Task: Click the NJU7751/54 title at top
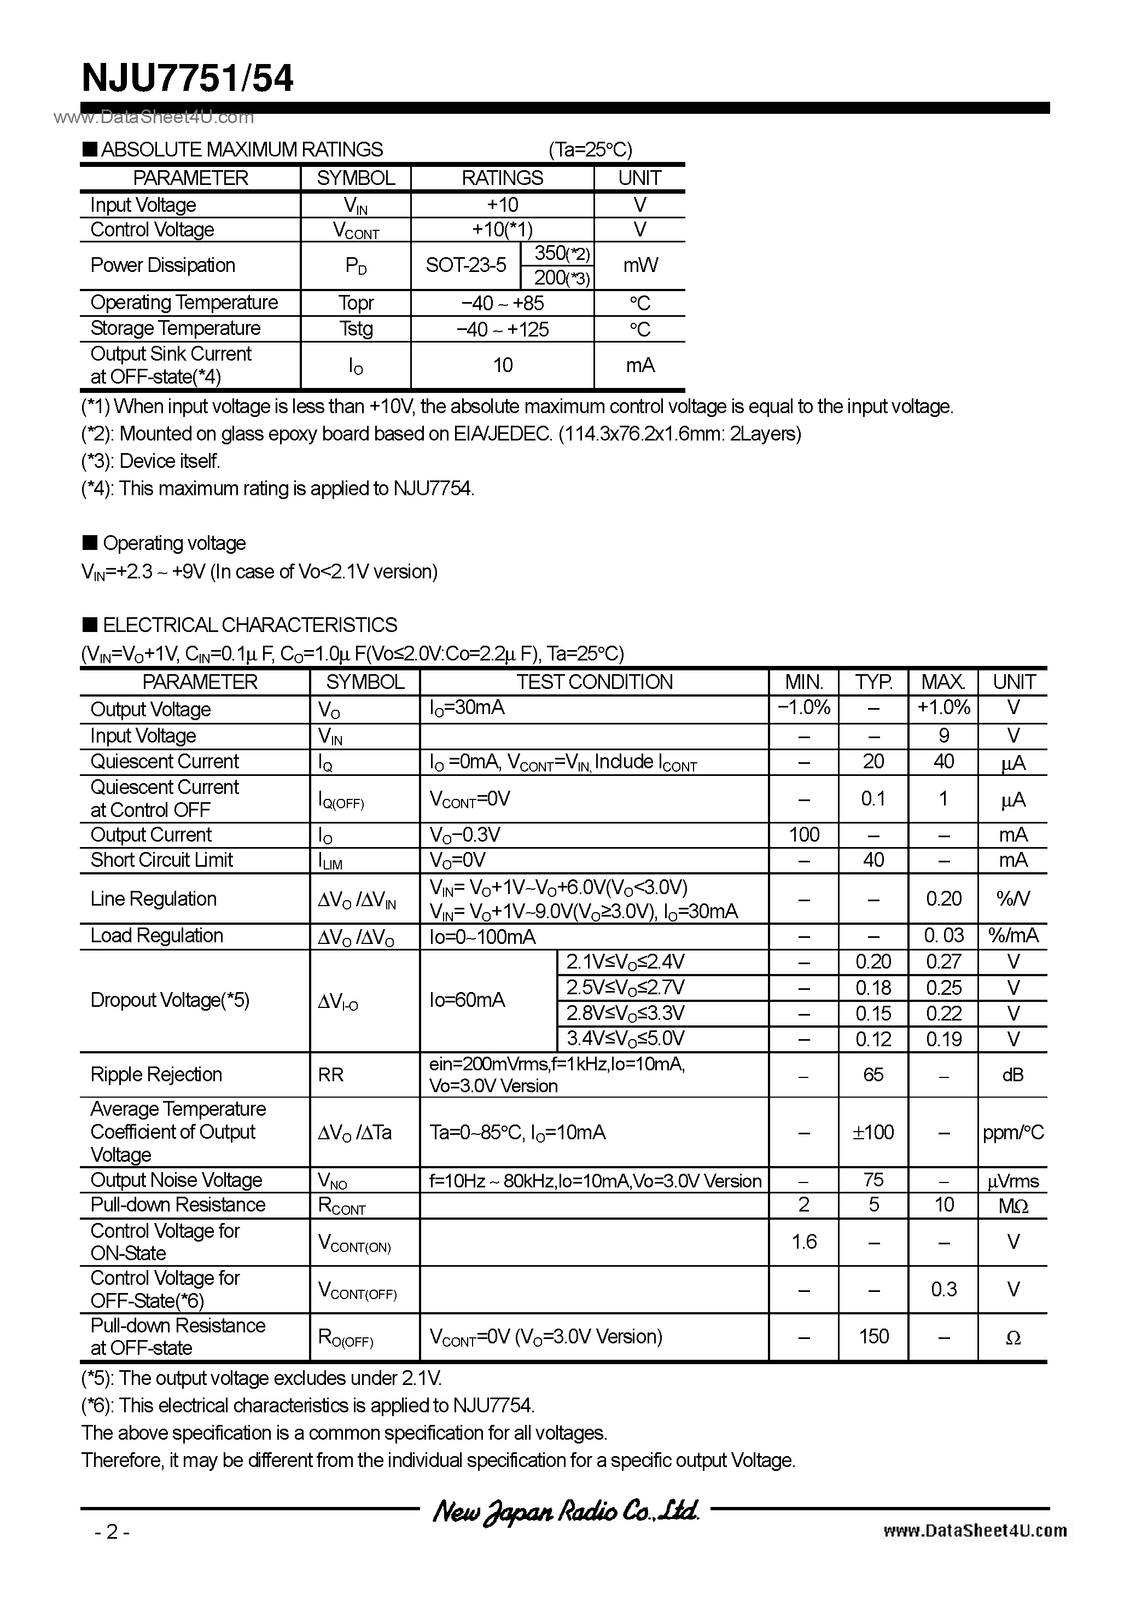(x=188, y=79)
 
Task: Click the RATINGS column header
(x=502, y=178)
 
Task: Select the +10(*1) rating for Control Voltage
(x=502, y=230)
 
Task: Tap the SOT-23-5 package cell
(x=465, y=265)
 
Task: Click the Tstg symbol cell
(x=356, y=328)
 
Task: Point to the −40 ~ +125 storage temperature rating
(x=502, y=329)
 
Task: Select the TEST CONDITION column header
(x=594, y=682)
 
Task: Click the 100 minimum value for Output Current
(x=803, y=835)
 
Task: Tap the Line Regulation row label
(x=153, y=899)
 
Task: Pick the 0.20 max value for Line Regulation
(x=943, y=899)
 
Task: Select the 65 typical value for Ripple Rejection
(x=873, y=1075)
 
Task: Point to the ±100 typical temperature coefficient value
(x=873, y=1132)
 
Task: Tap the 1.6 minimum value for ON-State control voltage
(x=803, y=1242)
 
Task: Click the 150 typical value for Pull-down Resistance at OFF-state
(x=873, y=1337)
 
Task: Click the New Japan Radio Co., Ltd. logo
(x=565, y=1511)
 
